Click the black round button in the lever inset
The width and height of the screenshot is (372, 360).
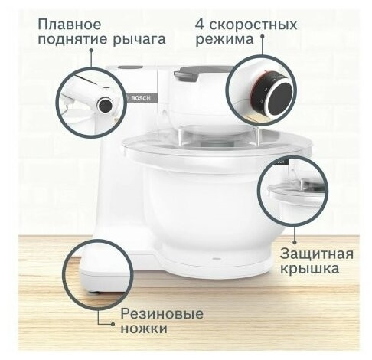click(x=105, y=103)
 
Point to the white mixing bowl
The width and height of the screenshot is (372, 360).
click(x=199, y=222)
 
